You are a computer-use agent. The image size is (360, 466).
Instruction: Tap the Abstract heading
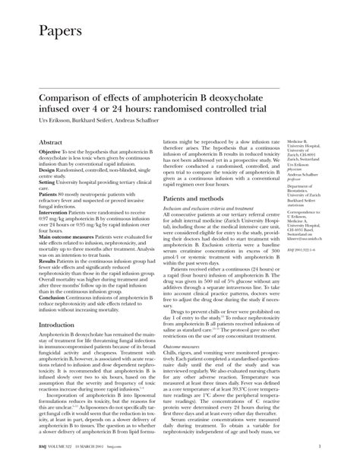click(x=50, y=142)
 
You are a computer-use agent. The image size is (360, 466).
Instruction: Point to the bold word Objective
click(x=49, y=152)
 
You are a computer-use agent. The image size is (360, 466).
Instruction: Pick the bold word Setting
click(x=48, y=182)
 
